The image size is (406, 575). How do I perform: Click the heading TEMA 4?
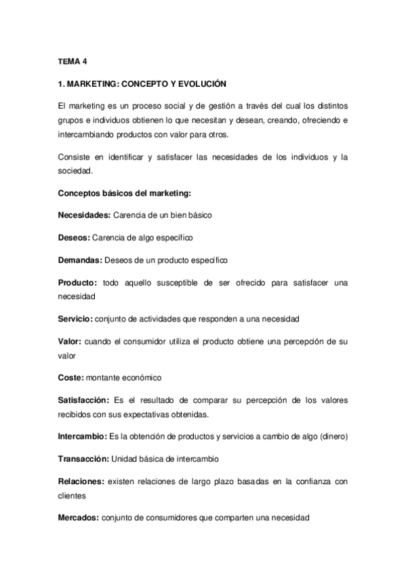73,62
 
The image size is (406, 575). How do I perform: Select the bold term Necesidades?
84,215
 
